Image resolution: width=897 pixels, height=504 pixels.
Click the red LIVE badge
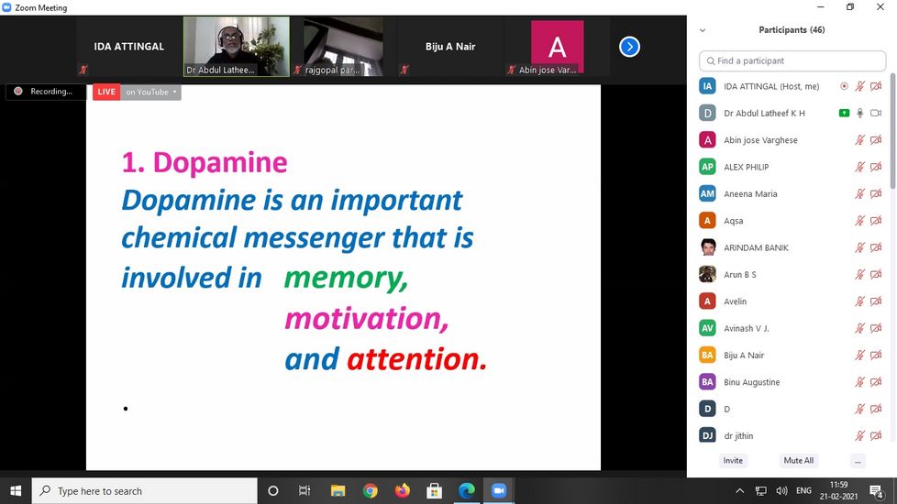[106, 92]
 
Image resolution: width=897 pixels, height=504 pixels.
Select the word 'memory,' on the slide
[346, 279]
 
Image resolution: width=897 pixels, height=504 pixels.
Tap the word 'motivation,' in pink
[366, 318]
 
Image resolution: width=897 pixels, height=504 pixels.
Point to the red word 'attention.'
[416, 359]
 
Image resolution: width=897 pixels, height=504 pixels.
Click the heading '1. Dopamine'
[205, 162]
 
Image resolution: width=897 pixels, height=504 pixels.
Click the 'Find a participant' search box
[792, 61]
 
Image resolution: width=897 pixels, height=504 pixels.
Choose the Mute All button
[798, 461]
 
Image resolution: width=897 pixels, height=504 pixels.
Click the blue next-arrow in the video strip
[629, 47]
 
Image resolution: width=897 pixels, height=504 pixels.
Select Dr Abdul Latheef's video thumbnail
[237, 47]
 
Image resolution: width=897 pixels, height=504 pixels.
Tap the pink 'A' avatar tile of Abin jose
[558, 47]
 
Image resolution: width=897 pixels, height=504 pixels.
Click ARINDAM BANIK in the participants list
[756, 247]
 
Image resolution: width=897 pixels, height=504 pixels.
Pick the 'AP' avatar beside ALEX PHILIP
[708, 167]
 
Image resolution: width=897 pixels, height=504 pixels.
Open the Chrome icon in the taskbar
[371, 491]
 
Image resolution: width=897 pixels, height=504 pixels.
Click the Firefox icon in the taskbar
[402, 491]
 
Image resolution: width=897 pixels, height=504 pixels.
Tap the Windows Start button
[16, 491]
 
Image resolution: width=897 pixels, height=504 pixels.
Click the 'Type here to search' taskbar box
[144, 491]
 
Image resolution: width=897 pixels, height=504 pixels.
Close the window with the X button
[880, 6]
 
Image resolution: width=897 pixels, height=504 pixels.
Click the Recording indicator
[45, 92]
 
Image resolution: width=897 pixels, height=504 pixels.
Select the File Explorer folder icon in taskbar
[338, 491]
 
